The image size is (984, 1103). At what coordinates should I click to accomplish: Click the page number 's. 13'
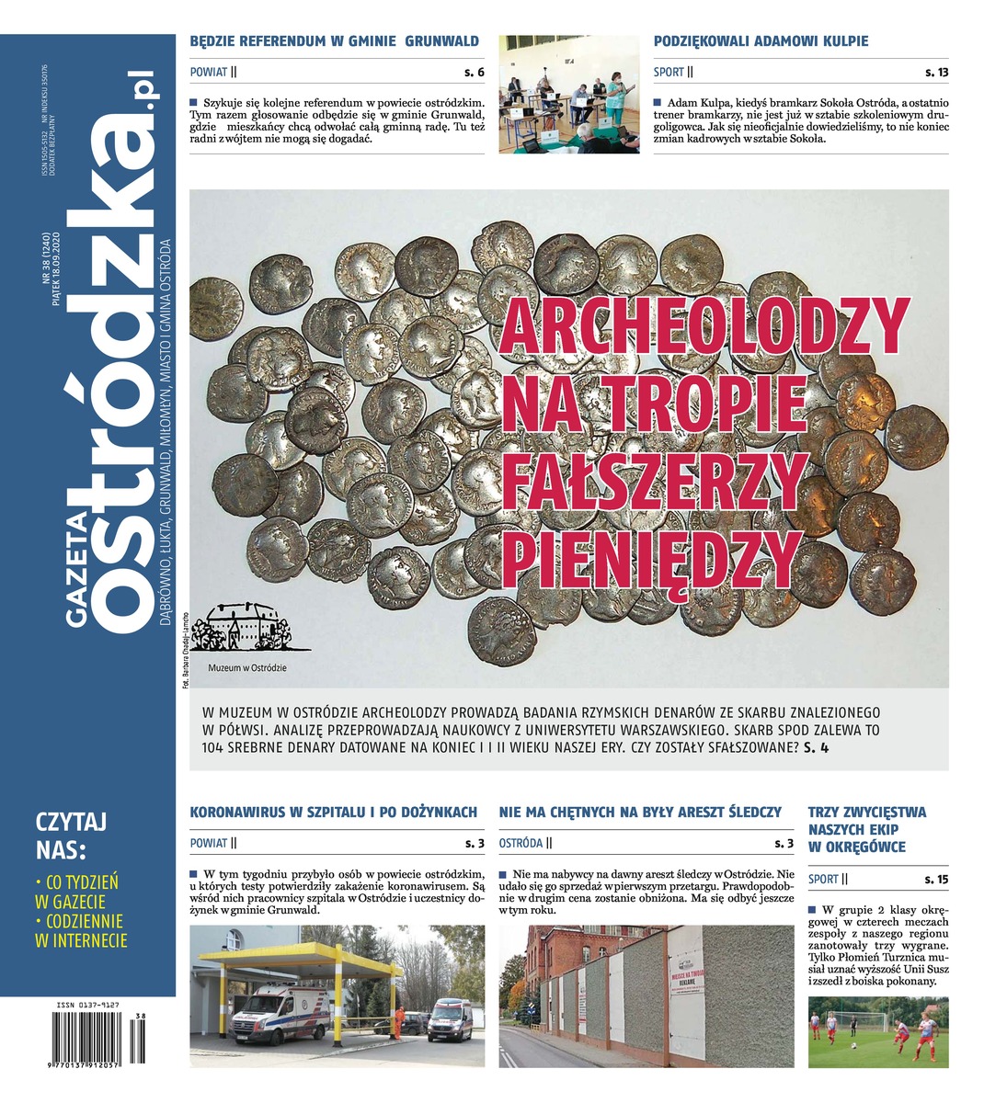(936, 72)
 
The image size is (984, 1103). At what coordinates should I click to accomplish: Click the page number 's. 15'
(936, 880)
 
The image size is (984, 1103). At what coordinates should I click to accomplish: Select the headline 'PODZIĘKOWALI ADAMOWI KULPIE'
(761, 41)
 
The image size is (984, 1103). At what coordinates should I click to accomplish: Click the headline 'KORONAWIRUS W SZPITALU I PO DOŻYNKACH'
(333, 812)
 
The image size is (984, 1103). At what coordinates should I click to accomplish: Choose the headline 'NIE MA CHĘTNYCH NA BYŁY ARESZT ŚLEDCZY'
(640, 812)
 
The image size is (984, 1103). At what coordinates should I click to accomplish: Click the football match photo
(877, 1032)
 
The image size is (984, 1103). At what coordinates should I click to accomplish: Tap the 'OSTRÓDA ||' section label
(525, 842)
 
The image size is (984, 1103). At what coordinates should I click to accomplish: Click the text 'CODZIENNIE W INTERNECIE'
(80, 930)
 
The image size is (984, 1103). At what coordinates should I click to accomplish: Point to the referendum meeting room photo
(568, 94)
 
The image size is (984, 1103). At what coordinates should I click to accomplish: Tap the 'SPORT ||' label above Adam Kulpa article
(673, 72)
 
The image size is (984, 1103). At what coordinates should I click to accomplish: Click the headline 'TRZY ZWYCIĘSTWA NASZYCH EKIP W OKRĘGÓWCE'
(867, 829)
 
